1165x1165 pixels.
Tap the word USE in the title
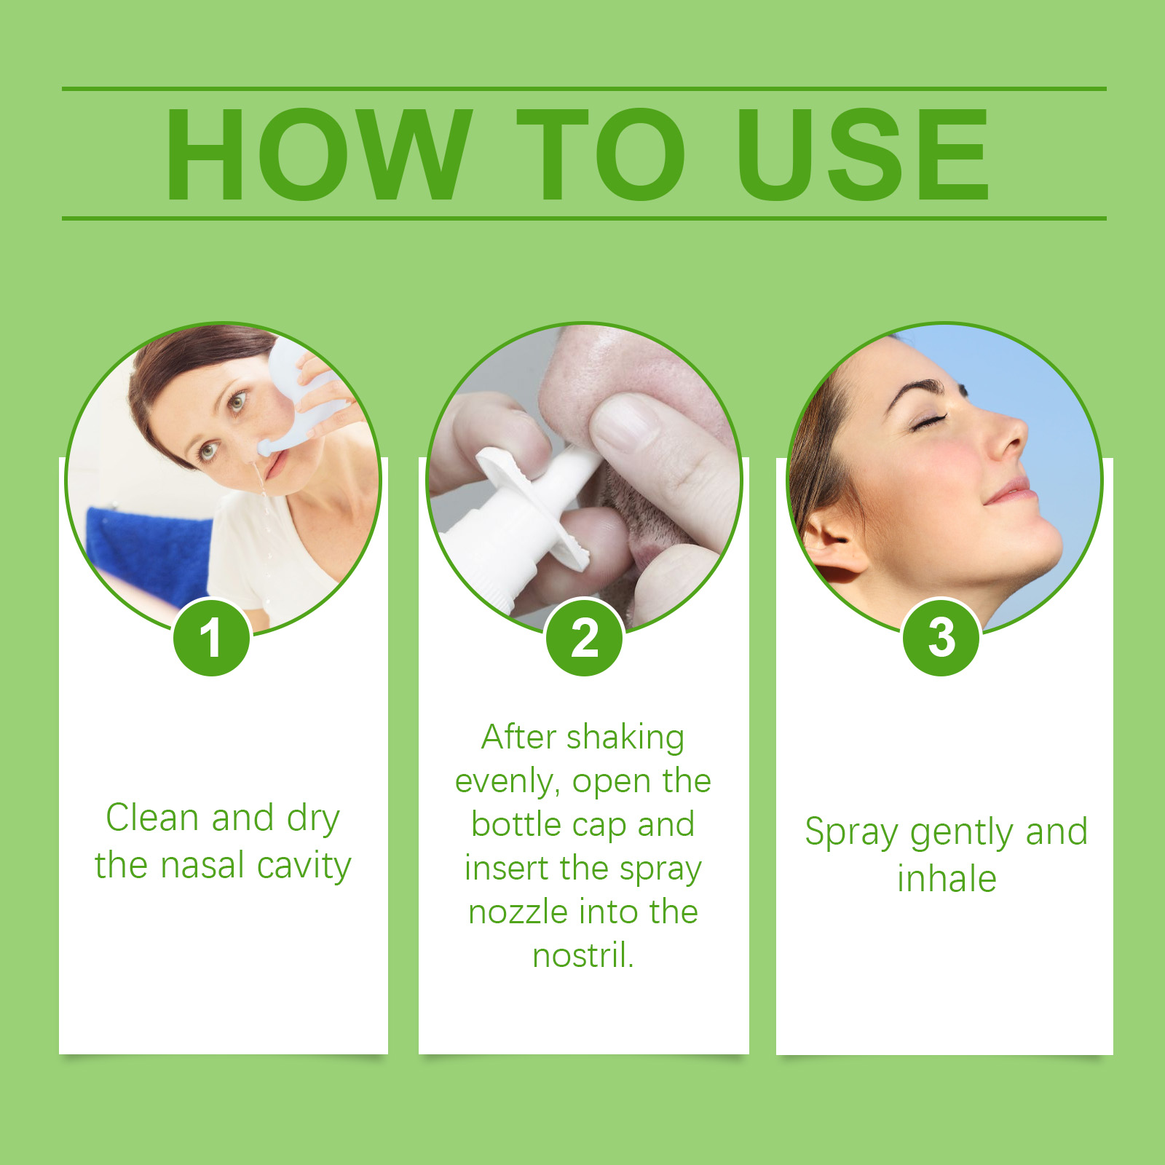[864, 154]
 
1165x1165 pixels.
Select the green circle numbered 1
[211, 638]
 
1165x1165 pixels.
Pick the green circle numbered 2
[585, 638]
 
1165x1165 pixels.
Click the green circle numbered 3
[941, 638]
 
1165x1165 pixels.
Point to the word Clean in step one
[153, 817]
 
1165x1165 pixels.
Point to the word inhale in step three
[947, 879]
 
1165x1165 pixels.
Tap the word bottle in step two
[517, 824]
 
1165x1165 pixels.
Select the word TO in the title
[601, 154]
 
